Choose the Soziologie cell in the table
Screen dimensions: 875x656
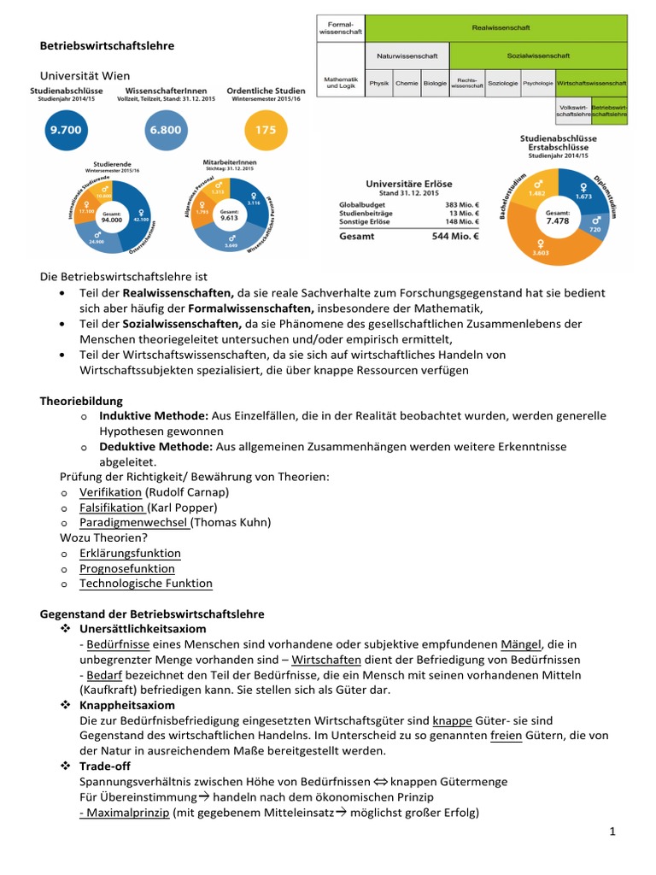click(502, 84)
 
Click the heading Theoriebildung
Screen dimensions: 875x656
click(82, 400)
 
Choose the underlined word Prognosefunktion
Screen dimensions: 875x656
click(127, 568)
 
